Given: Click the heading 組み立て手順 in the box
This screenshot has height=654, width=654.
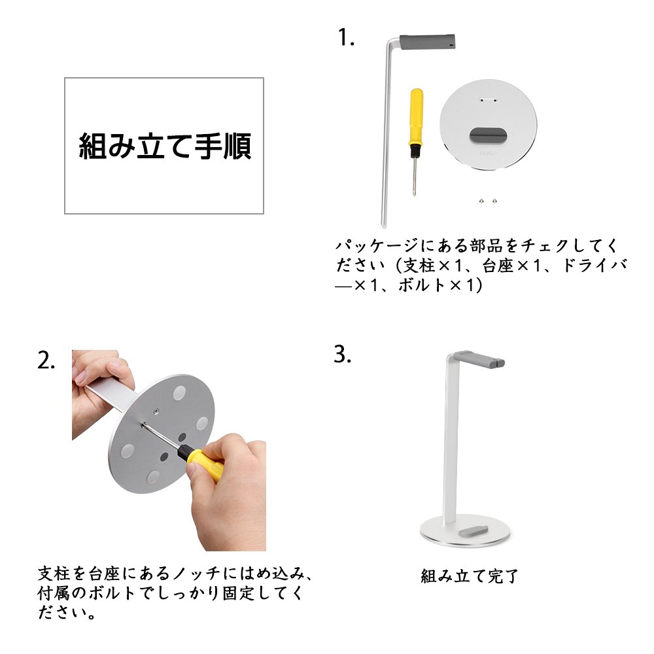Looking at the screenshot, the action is tap(165, 146).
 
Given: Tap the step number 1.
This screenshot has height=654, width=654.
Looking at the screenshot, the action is tap(346, 37).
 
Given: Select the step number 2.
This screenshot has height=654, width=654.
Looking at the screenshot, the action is tap(46, 360).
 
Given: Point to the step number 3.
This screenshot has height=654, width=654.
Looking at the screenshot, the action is tap(343, 354).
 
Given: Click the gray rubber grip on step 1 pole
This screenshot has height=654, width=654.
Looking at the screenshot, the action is tap(427, 42).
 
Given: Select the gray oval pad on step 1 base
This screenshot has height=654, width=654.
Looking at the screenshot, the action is tap(488, 135).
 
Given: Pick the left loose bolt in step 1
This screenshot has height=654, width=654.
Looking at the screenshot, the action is tap(481, 201).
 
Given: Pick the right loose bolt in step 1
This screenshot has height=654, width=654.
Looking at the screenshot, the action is tap(494, 201).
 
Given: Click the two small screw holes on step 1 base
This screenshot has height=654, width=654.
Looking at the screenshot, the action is tap(488, 100).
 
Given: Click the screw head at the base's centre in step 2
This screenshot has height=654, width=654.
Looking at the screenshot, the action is tap(155, 411).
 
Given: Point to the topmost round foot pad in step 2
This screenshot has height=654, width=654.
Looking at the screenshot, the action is tap(179, 392).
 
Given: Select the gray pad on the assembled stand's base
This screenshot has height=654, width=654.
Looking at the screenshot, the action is tap(472, 532).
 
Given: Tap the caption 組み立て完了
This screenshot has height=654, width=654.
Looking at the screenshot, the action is tap(469, 576).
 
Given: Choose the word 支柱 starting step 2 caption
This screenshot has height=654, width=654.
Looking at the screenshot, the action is tap(54, 574).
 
